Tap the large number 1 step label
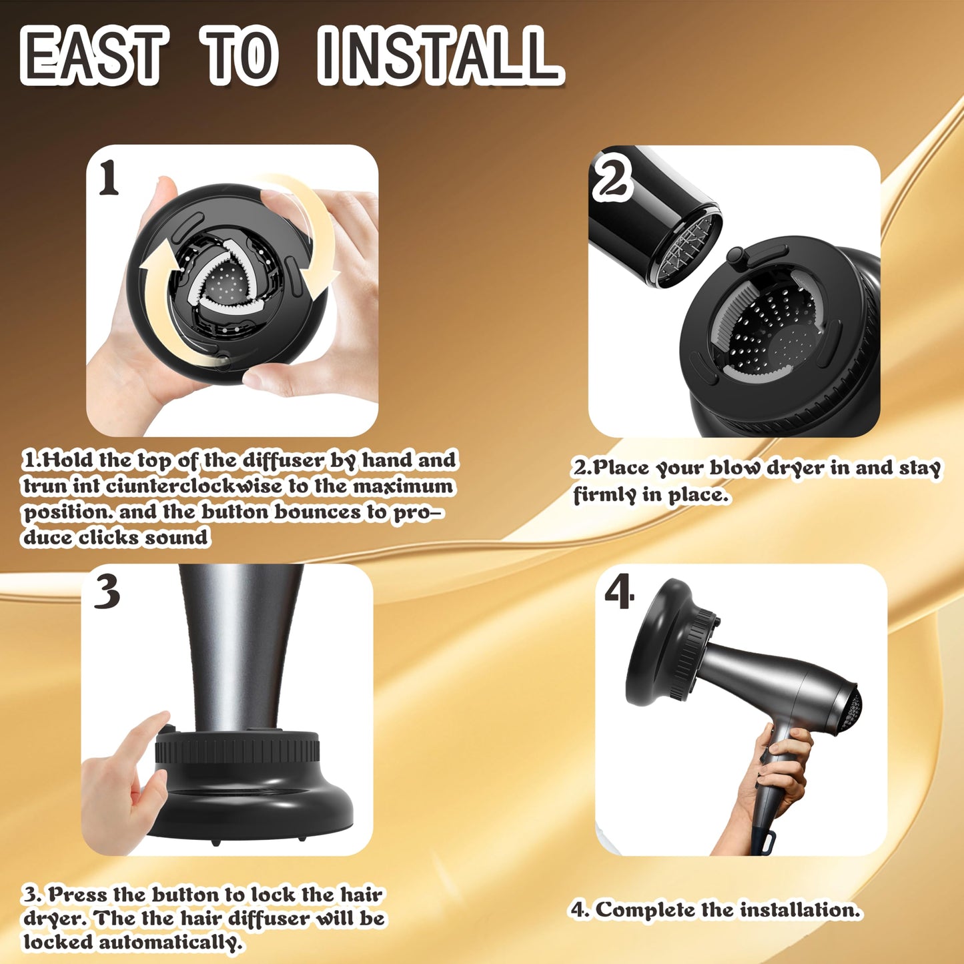tap(109, 179)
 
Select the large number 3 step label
tap(107, 591)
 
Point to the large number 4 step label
tap(619, 594)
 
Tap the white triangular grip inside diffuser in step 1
tap(227, 280)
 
